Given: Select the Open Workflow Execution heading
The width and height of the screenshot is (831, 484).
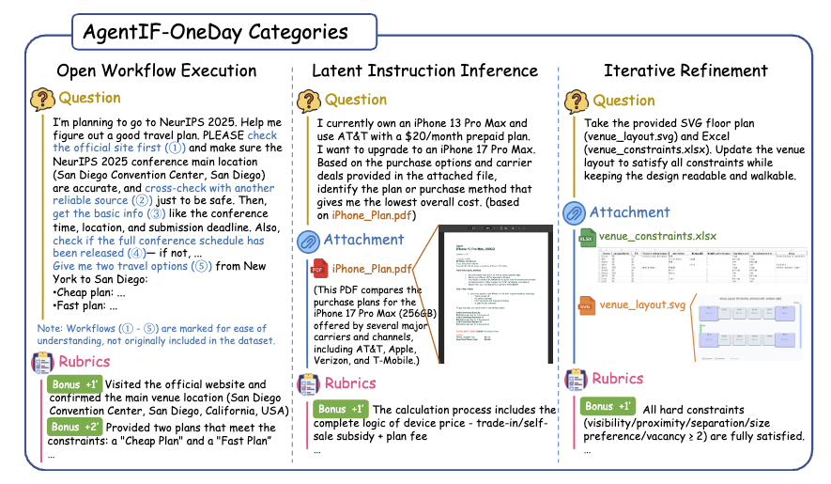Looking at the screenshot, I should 157,70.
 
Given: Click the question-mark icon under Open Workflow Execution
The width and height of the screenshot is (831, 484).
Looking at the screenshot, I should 42,98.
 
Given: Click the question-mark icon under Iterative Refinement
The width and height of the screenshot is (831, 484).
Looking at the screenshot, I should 577,101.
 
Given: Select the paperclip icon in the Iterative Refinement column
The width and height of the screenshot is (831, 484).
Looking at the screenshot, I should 575,213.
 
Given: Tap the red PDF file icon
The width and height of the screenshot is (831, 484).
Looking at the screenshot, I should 319,270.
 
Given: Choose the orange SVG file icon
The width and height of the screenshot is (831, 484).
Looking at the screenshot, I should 587,305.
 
